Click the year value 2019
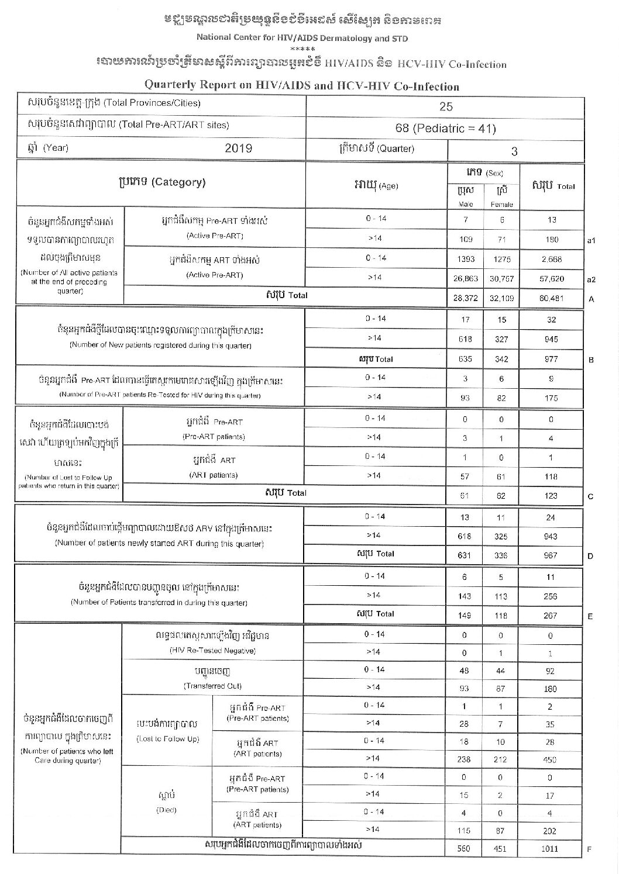click(x=238, y=148)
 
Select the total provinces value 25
click(x=446, y=106)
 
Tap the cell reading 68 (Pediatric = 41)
click(x=446, y=128)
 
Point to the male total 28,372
click(x=465, y=298)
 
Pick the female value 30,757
click(x=501, y=278)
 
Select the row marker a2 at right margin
click(x=591, y=279)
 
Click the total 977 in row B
click(x=551, y=360)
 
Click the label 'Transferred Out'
click(x=212, y=686)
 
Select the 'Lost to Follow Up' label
click(x=168, y=739)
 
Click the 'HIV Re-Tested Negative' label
click(x=212, y=651)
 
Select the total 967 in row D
click(x=551, y=555)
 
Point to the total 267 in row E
click(x=551, y=616)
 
